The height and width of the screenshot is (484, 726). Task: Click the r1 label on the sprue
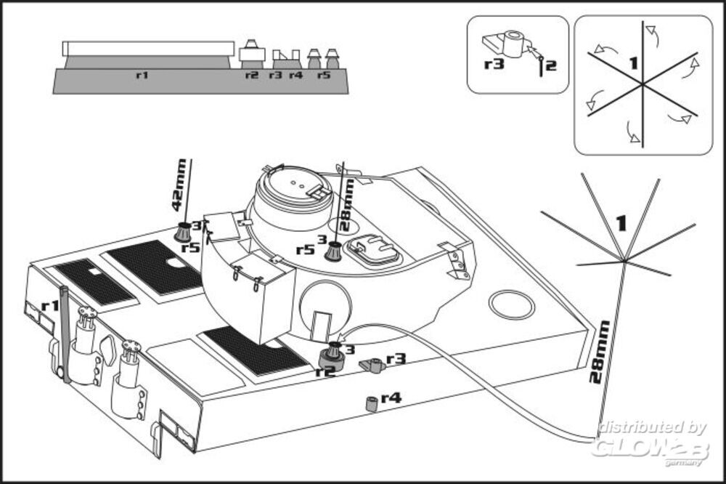[142, 75]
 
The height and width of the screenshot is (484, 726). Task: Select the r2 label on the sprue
[252, 75]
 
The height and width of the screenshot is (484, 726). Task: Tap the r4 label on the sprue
[296, 75]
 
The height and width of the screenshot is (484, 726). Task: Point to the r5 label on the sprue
[324, 75]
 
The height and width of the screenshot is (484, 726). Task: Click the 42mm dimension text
[179, 185]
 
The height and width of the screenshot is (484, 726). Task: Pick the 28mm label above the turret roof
[347, 206]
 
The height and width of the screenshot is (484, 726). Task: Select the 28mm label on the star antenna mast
[599, 352]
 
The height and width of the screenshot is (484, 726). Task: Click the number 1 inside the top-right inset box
[634, 62]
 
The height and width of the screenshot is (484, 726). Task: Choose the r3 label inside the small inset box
[494, 63]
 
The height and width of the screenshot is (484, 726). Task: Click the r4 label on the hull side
[391, 398]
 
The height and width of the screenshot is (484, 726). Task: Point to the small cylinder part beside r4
[371, 403]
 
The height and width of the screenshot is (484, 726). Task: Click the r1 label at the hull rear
[50, 305]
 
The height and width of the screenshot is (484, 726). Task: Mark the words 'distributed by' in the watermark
[653, 427]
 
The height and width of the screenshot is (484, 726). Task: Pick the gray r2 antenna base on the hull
[332, 358]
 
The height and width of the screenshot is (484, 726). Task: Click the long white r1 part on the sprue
[148, 49]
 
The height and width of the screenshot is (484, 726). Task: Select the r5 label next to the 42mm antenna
[190, 248]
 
